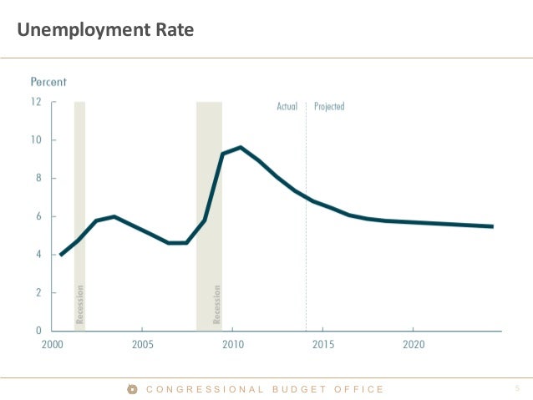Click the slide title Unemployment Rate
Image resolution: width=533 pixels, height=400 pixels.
(x=105, y=32)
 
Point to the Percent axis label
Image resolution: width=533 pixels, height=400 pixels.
(x=48, y=82)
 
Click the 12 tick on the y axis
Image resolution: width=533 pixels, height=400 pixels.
(x=36, y=102)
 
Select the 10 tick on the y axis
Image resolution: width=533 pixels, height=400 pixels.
(x=36, y=140)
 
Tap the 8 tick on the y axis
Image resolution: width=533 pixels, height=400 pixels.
(x=38, y=179)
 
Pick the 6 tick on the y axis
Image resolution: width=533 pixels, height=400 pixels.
(x=38, y=216)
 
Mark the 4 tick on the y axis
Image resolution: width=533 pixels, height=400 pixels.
(x=38, y=255)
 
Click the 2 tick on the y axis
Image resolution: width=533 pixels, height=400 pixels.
(x=38, y=293)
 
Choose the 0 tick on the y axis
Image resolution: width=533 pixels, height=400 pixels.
(x=38, y=331)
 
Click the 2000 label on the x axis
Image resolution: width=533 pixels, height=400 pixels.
(x=52, y=344)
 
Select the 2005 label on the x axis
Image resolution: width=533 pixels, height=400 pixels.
(x=142, y=344)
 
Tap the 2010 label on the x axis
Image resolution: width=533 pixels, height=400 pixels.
(x=233, y=344)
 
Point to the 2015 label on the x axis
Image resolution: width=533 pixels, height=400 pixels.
(x=323, y=344)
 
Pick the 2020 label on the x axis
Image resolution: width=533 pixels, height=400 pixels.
(x=414, y=344)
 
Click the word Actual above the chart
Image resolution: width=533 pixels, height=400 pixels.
(x=287, y=107)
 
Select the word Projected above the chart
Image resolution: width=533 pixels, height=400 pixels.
(x=329, y=107)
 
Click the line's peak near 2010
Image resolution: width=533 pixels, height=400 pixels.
(x=241, y=148)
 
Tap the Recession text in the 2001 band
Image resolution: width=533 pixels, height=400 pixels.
(x=80, y=305)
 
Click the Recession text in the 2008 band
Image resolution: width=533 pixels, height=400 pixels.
(x=217, y=305)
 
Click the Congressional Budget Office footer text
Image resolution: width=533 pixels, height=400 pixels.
(x=264, y=389)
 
